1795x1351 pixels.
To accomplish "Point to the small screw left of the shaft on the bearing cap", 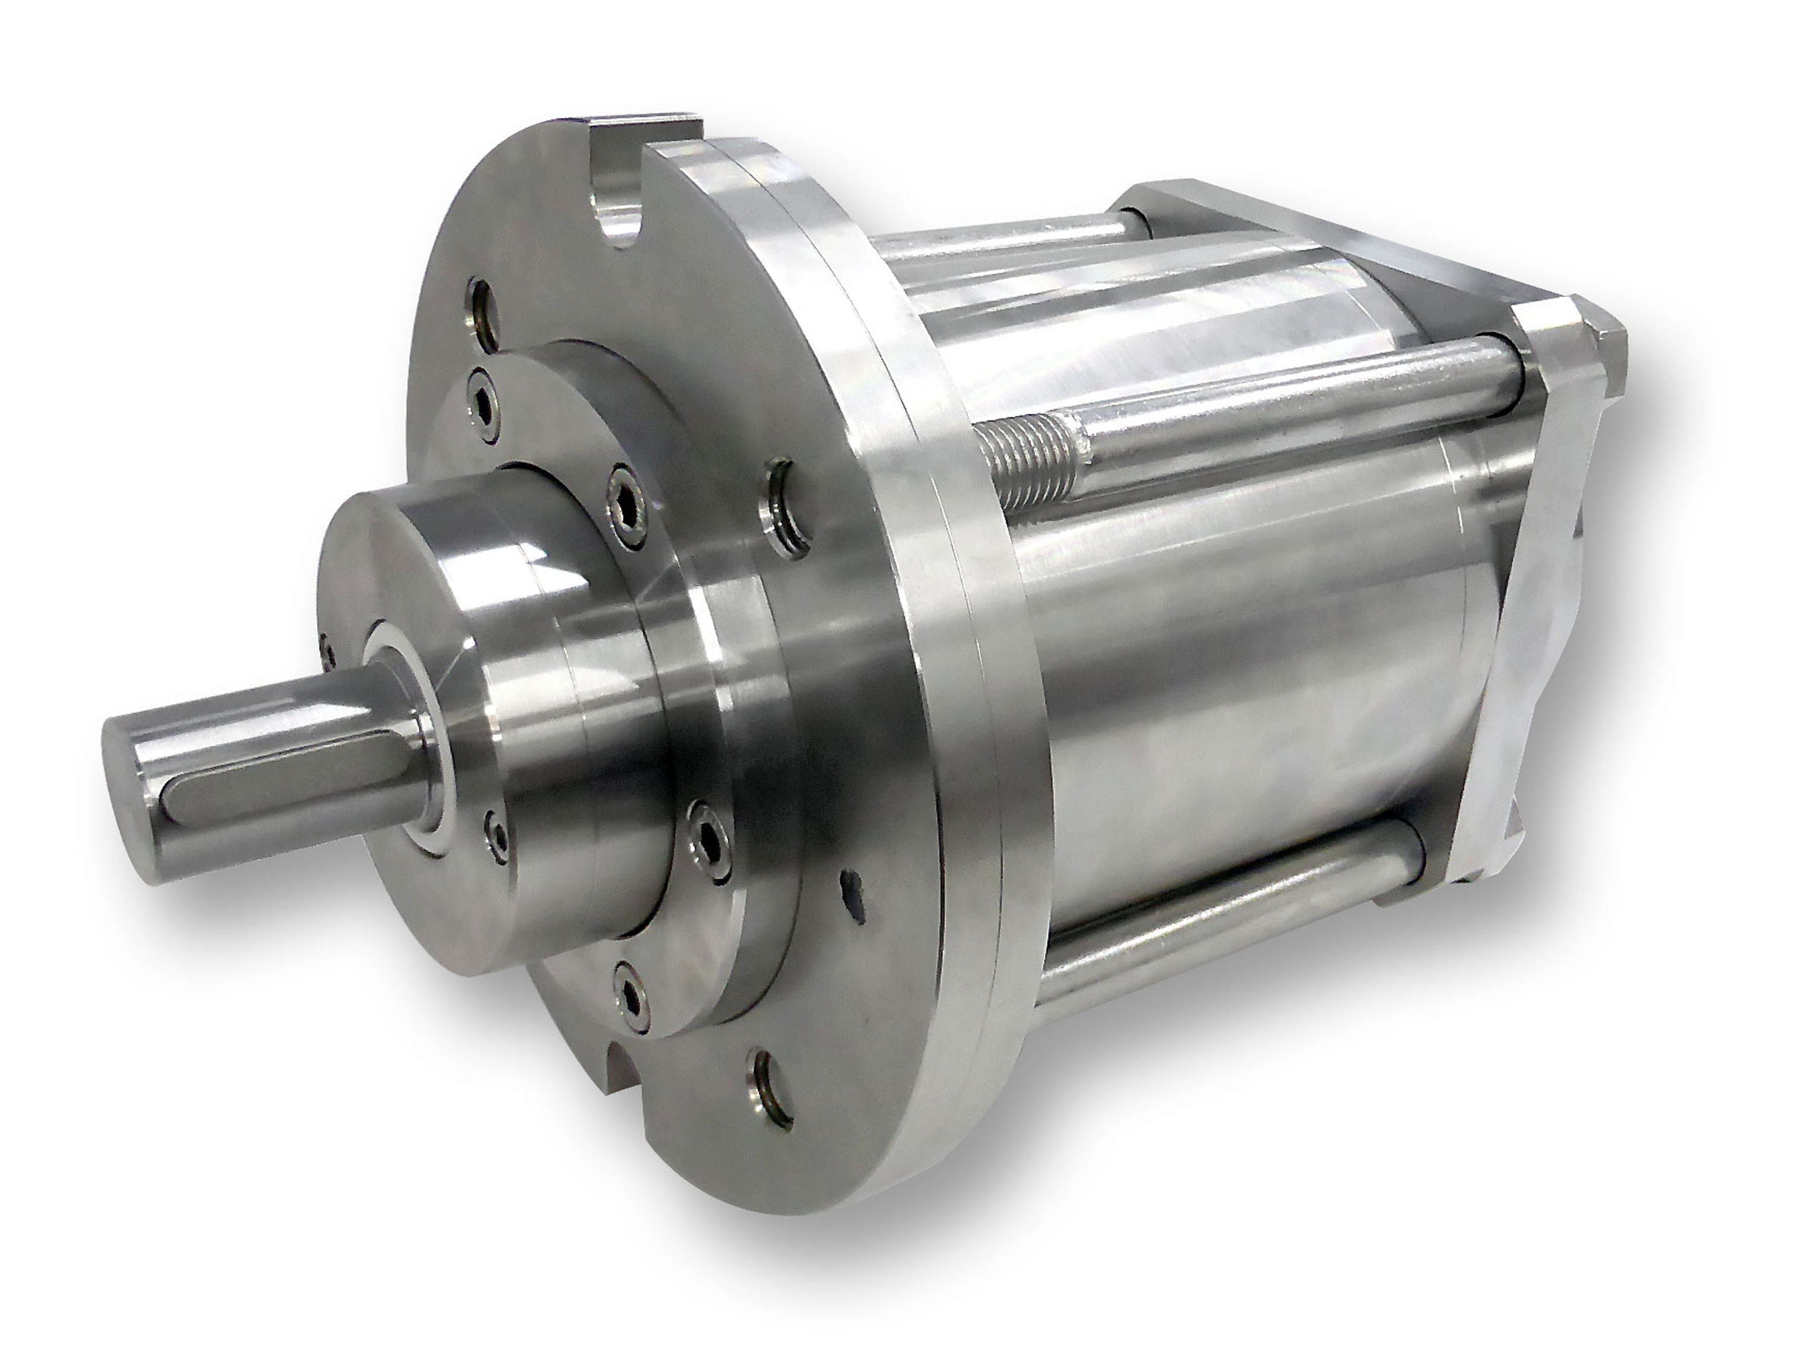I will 327,649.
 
